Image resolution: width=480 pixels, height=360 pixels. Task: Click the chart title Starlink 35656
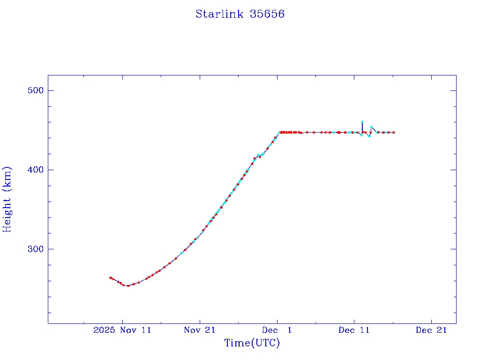point(240,15)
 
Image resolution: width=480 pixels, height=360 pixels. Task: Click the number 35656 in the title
point(267,15)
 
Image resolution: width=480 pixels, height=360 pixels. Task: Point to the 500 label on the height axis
point(34,90)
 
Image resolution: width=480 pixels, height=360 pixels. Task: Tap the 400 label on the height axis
point(34,170)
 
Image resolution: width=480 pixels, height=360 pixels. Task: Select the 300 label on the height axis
point(34,249)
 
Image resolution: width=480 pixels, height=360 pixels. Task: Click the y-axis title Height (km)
point(7,199)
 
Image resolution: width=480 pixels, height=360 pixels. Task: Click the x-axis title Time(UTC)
point(252,343)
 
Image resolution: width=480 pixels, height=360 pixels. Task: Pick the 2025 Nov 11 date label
point(122,330)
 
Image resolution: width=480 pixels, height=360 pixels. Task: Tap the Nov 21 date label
point(200,330)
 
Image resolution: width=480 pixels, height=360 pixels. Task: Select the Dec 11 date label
point(354,330)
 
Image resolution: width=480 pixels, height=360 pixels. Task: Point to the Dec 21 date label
point(431,330)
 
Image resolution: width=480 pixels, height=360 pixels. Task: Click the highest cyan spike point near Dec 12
point(362,122)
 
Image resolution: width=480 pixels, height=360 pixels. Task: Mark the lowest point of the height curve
point(128,285)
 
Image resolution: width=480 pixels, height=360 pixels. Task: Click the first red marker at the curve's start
point(110,277)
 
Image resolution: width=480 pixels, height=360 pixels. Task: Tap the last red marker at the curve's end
point(394,133)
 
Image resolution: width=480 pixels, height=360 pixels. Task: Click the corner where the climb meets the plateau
point(280,132)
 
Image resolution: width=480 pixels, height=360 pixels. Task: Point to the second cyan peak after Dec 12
point(371,127)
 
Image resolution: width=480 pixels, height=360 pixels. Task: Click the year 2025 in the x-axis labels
point(103,330)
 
